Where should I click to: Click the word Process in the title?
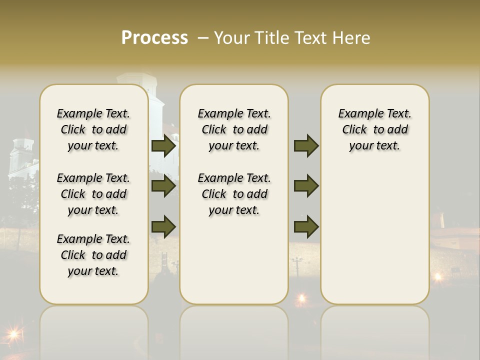[x=154, y=38]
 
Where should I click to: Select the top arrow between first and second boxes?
[x=163, y=146]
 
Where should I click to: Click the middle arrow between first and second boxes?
[x=163, y=186]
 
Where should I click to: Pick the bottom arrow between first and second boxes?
[x=163, y=226]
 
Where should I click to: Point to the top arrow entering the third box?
[x=306, y=146]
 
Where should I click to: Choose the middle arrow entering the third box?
[x=306, y=186]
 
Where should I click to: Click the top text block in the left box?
[x=93, y=129]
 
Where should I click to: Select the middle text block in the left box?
[x=93, y=194]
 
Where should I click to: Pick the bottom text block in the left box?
[x=93, y=255]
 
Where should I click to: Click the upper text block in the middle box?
[x=234, y=129]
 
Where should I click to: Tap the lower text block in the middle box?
[x=234, y=194]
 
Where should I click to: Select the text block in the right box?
[x=374, y=129]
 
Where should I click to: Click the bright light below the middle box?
[x=301, y=298]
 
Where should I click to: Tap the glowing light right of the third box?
[x=438, y=276]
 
